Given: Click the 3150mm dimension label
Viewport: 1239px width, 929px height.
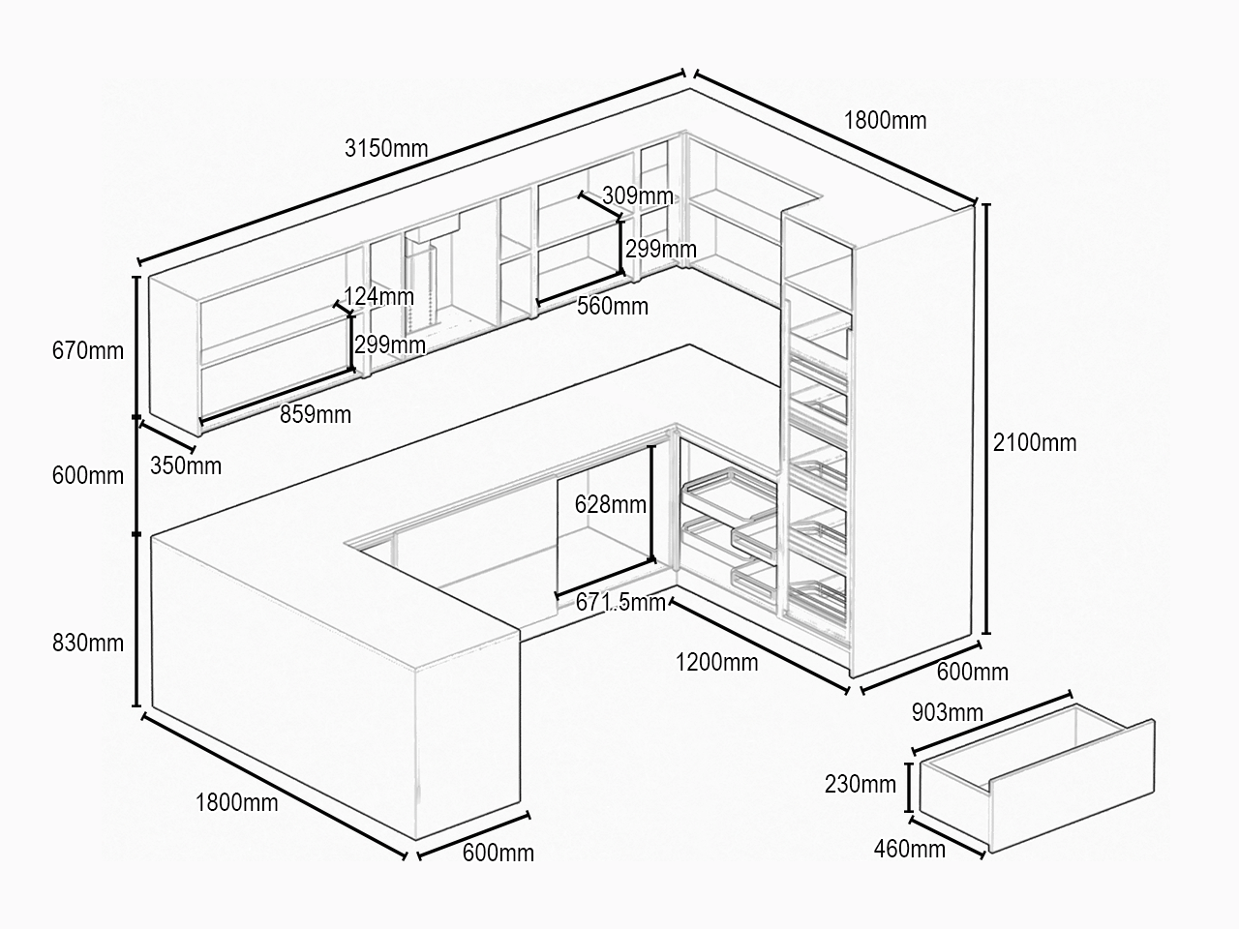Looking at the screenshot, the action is [x=386, y=148].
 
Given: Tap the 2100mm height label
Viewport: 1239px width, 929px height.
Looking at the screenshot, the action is [x=1035, y=443].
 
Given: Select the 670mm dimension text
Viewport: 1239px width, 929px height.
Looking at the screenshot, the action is [x=87, y=351].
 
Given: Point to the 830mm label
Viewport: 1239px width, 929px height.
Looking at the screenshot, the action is [x=87, y=643].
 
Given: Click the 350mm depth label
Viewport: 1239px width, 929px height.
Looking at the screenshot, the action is [x=186, y=465].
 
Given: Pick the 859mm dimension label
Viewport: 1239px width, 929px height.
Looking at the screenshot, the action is [x=316, y=414].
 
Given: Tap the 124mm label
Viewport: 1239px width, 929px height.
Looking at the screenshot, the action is [x=378, y=296].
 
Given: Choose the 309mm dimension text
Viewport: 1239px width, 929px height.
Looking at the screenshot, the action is [x=637, y=195].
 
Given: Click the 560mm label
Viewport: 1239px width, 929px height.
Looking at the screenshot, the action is [x=613, y=307].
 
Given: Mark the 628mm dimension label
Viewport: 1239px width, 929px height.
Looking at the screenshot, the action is [x=610, y=504].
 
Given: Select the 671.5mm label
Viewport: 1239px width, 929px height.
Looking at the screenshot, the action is [x=620, y=603].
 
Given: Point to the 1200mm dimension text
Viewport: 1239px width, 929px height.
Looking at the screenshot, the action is [x=717, y=662].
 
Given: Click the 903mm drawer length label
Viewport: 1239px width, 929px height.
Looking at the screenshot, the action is [x=948, y=713].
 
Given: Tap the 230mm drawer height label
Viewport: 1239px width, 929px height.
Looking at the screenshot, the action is [x=861, y=784].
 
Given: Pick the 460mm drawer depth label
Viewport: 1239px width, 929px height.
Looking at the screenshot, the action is [x=909, y=849].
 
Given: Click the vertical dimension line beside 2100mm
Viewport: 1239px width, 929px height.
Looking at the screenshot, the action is [x=986, y=418].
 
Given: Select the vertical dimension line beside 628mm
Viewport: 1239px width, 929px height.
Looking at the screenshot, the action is [x=651, y=503].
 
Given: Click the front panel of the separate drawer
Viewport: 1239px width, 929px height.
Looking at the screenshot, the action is [x=1072, y=787].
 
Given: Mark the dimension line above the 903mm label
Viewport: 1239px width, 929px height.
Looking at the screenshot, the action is [x=992, y=723].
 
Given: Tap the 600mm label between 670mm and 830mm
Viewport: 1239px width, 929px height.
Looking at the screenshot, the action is [x=87, y=476].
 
